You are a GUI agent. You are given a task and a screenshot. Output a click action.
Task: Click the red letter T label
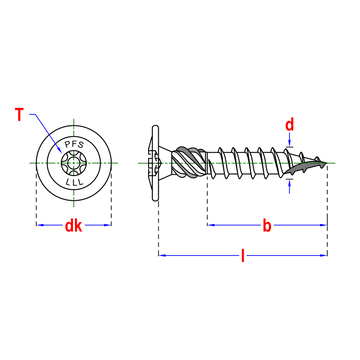(20, 115)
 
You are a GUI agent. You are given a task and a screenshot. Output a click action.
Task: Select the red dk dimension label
(73, 226)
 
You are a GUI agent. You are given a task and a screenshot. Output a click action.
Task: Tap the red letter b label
(267, 226)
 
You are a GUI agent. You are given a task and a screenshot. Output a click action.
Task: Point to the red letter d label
(290, 125)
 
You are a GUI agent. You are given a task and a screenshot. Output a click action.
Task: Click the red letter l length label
(243, 256)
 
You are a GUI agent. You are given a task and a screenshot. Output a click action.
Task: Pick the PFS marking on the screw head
(74, 144)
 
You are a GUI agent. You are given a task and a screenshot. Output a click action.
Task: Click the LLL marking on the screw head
(74, 182)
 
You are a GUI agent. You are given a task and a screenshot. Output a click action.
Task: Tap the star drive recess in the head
(74, 163)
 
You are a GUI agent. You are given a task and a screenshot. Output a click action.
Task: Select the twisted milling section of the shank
(189, 163)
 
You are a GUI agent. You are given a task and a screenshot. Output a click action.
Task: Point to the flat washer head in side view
(155, 163)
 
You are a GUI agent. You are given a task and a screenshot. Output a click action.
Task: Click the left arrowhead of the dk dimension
(40, 225)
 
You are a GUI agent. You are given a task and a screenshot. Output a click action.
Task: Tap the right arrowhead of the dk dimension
(107, 225)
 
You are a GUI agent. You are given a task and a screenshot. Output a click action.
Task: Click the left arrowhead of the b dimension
(211, 225)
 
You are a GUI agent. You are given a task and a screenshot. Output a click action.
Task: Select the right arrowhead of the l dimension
(323, 255)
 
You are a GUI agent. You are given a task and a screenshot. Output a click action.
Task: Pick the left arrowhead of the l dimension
(162, 255)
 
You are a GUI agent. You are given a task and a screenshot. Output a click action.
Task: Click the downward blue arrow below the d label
(290, 139)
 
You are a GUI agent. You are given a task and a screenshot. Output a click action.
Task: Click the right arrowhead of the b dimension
(323, 225)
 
